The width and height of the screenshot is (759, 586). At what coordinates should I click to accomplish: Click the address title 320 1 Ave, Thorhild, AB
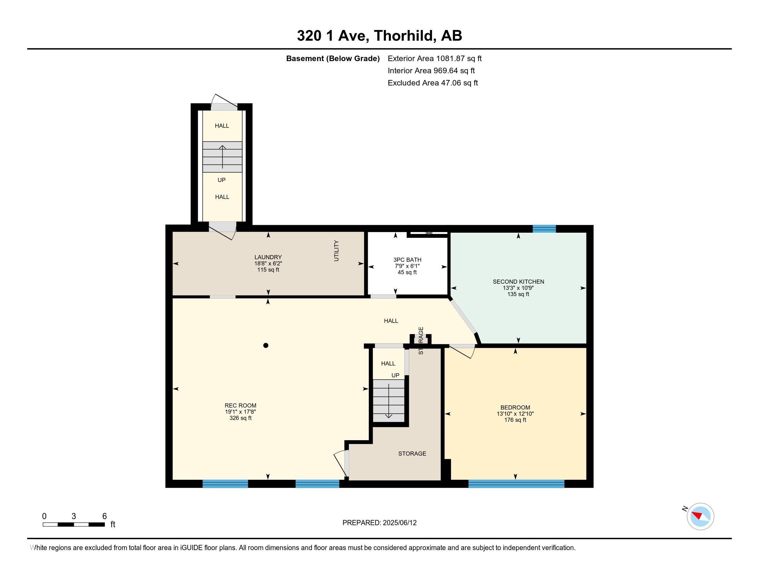pos(379,36)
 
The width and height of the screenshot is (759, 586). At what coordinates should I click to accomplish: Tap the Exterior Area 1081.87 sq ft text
pos(434,58)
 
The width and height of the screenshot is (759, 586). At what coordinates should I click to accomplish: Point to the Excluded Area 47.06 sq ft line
pos(433,83)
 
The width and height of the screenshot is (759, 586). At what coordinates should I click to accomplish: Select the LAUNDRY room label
pos(268,257)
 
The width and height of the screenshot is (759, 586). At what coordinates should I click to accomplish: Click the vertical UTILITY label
pos(336,250)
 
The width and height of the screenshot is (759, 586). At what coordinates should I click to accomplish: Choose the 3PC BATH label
pos(407,260)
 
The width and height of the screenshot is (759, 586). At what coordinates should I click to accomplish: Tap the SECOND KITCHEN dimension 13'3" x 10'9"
pos(518,288)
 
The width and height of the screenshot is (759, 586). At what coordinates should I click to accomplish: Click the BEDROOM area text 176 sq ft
pos(515,420)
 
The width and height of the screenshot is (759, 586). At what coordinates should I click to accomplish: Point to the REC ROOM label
pos(240,405)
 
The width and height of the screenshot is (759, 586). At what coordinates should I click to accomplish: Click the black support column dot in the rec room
pos(266,345)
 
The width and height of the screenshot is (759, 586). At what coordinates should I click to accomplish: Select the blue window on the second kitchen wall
pos(544,229)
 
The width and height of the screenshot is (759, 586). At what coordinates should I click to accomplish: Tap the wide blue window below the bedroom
pos(516,483)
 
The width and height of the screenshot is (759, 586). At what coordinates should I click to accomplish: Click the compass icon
pos(700,516)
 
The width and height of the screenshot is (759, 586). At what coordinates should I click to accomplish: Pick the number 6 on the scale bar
pos(104,516)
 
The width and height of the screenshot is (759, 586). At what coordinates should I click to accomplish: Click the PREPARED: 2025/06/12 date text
pos(379,523)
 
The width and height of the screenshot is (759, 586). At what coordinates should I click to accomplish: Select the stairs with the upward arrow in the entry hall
pos(223,157)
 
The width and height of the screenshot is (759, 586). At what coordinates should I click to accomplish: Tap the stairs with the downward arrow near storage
pos(388,400)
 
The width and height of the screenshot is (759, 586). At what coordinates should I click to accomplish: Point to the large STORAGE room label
pos(412,453)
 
